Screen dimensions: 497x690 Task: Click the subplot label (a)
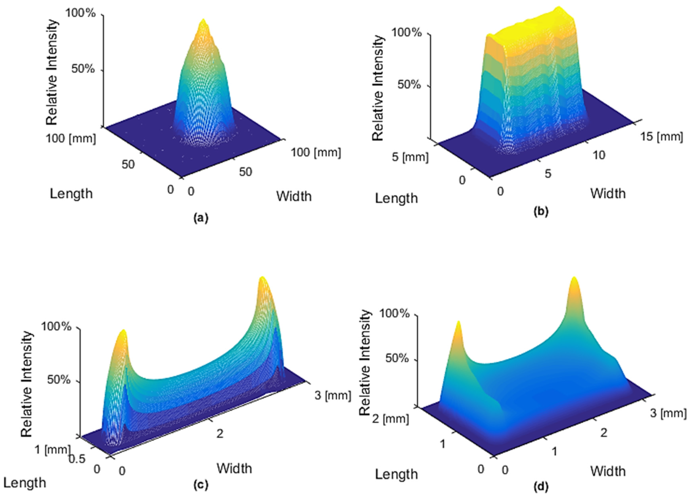click(201, 218)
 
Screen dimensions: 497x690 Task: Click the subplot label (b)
click(541, 211)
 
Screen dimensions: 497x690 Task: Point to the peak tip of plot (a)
click(203, 21)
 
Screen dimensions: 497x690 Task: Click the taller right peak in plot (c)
click(262, 278)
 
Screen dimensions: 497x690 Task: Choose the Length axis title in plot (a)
click(71, 193)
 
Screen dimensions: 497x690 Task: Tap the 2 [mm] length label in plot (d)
click(390, 419)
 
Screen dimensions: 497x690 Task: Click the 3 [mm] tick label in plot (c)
click(333, 395)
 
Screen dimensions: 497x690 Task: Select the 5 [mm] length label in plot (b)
click(410, 157)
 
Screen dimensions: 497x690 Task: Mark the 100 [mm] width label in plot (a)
click(316, 152)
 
